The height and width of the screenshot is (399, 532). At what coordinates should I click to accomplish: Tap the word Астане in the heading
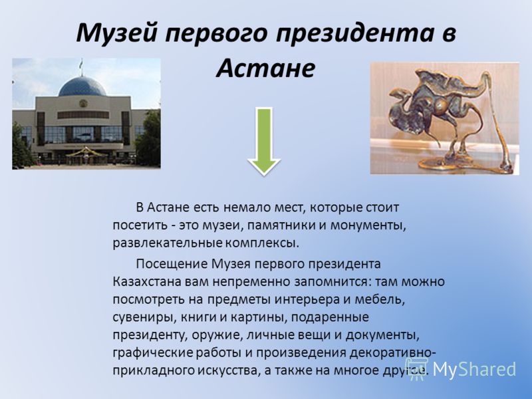(x=265, y=68)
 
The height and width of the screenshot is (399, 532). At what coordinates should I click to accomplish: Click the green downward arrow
(x=263, y=142)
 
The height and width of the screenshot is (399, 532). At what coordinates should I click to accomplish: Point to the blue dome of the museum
(x=82, y=86)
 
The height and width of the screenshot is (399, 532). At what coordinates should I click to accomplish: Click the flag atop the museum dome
(x=81, y=63)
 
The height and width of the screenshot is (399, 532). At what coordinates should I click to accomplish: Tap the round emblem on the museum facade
(x=82, y=103)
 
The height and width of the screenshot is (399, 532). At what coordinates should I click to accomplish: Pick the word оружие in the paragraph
(x=217, y=335)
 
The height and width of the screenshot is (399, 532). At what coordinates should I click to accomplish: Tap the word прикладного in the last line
(x=154, y=370)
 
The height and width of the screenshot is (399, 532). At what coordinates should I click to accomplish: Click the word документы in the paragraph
(x=383, y=335)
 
